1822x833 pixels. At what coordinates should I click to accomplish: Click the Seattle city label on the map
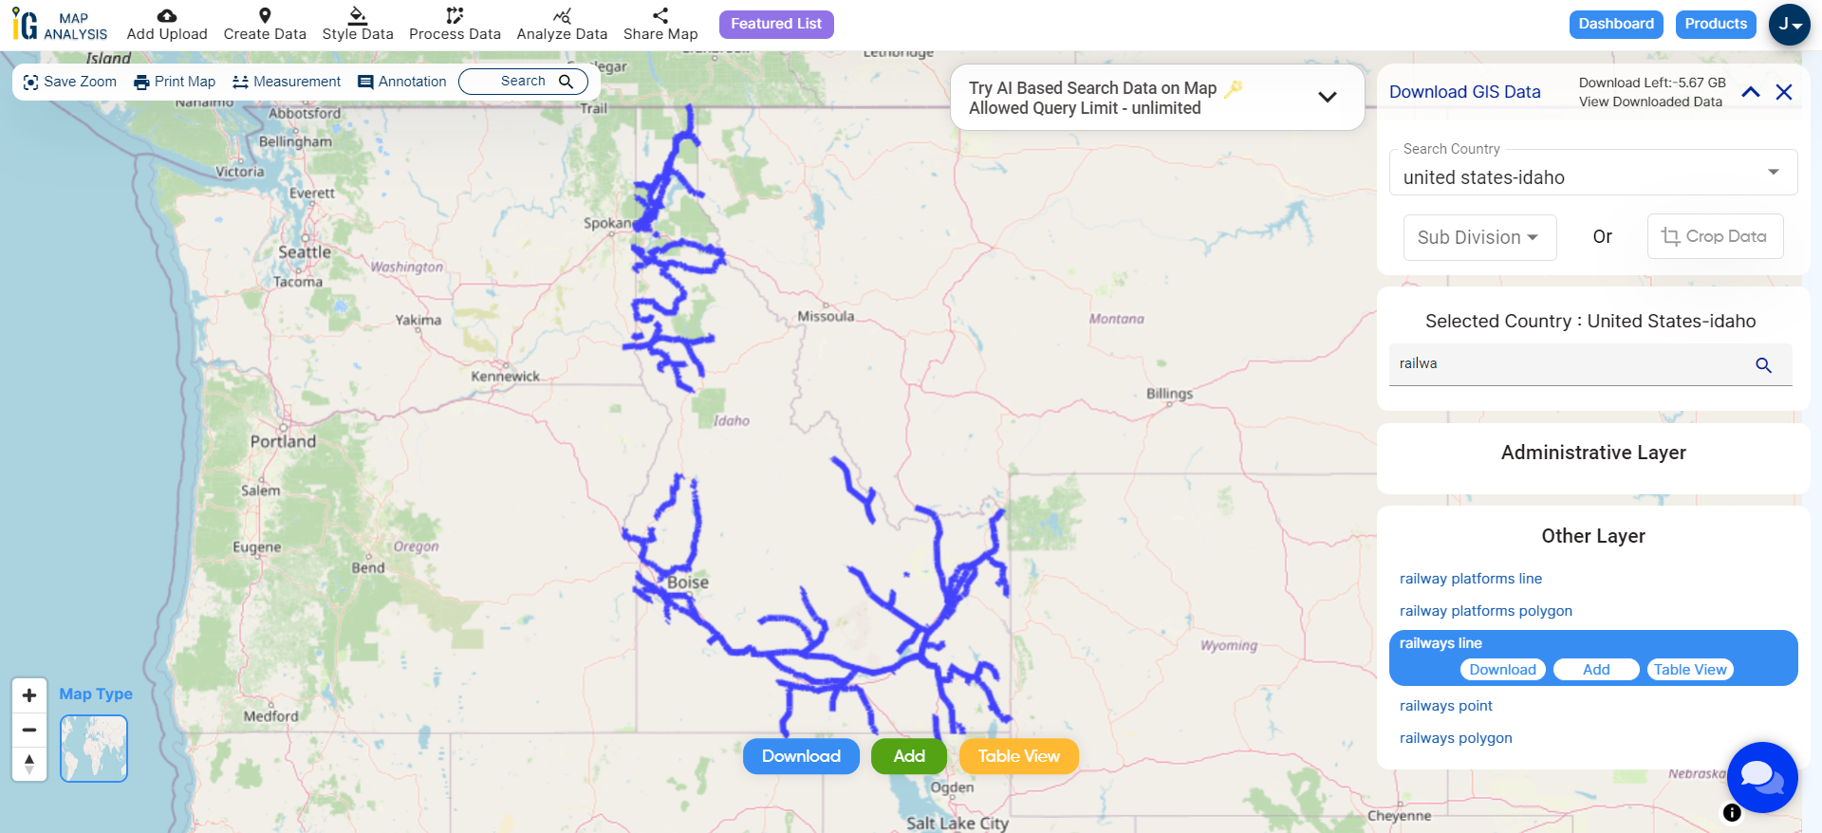click(305, 252)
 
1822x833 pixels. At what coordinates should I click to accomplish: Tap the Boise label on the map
click(688, 583)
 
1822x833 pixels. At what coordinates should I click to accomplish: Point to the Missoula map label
click(826, 316)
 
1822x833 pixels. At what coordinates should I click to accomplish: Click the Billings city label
click(1169, 394)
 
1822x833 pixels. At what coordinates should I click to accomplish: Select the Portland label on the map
click(283, 441)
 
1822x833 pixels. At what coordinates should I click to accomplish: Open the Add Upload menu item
click(167, 24)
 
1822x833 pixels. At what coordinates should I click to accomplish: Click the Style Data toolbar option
click(358, 24)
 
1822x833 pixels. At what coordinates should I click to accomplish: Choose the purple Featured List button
click(776, 24)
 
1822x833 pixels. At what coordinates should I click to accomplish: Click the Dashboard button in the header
click(1616, 24)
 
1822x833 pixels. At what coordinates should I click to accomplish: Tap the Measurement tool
click(287, 82)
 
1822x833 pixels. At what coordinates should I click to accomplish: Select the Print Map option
click(175, 82)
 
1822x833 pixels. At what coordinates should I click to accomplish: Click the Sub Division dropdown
click(1478, 237)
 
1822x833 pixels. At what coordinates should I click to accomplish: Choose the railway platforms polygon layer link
click(1485, 611)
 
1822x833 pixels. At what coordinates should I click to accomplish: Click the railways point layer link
click(1445, 706)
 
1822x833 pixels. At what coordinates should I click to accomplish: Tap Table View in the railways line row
click(1690, 670)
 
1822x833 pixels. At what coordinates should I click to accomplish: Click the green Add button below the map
click(909, 756)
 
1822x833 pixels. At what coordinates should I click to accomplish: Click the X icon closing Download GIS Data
click(1784, 92)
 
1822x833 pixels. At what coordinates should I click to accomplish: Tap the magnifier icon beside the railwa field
click(1763, 365)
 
